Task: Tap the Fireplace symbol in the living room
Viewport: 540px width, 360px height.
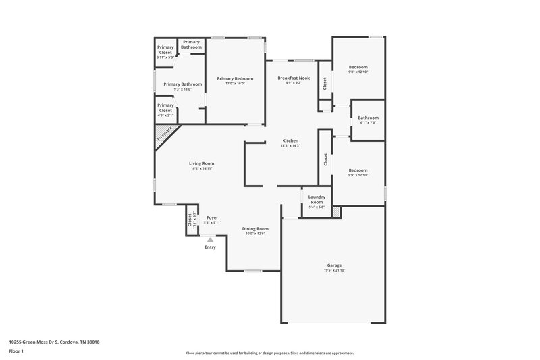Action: tap(163, 133)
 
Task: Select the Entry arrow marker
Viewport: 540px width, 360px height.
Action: tap(211, 239)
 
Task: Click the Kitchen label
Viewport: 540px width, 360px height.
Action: tap(290, 140)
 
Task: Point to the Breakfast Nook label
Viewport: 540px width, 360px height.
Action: tap(294, 78)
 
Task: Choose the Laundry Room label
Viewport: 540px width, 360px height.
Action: tap(316, 200)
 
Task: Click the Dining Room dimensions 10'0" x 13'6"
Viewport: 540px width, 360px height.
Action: tap(256, 234)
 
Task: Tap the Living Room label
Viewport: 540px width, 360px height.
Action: tap(201, 163)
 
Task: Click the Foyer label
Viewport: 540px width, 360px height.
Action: tap(213, 217)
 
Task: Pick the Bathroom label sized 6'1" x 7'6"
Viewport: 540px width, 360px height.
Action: tap(368, 118)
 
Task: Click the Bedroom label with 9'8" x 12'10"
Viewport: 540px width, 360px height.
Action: tap(358, 67)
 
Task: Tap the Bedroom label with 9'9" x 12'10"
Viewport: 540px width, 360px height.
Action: tap(358, 170)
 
